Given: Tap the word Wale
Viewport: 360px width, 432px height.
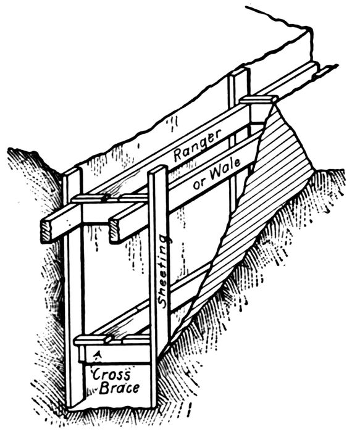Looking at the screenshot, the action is point(225,170).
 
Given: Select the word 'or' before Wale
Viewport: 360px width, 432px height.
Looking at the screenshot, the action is point(199,184).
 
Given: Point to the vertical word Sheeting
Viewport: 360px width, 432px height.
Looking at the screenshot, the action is point(165,271).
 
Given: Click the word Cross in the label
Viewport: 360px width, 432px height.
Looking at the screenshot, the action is point(111,375).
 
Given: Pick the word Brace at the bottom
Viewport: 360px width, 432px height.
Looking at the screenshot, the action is point(119,388).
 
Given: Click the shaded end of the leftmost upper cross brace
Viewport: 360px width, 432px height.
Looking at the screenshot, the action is point(46,230).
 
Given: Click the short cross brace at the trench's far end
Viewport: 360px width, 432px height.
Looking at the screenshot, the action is point(259,100).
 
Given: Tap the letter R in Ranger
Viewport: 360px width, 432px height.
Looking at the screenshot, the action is point(179,155).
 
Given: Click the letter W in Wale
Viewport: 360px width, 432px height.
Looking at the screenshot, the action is point(217,174).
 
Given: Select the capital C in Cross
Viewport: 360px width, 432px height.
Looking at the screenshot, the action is point(97,375).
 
